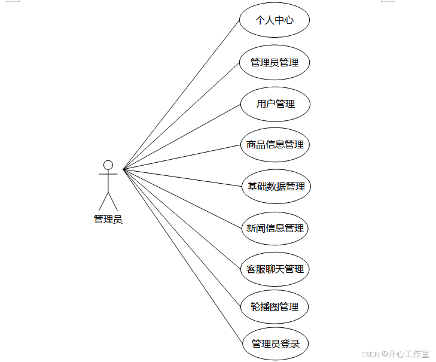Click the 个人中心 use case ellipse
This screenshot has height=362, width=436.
click(275, 20)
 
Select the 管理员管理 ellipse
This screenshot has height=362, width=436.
click(275, 62)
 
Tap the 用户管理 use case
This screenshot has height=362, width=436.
click(276, 104)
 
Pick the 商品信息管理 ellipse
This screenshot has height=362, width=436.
click(275, 145)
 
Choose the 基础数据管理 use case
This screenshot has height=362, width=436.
click(276, 186)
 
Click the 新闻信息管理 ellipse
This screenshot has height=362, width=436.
click(275, 228)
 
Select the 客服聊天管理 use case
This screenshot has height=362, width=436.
click(275, 269)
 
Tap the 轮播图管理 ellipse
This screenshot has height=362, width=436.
click(275, 307)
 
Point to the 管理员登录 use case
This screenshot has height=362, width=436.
click(276, 343)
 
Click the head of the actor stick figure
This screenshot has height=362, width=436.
click(108, 165)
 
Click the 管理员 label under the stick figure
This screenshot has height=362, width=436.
click(108, 219)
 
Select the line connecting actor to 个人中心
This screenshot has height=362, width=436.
click(181, 95)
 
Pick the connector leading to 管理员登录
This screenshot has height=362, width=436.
click(183, 256)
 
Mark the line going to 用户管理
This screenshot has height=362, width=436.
click(182, 137)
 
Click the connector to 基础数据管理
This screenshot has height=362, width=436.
click(182, 178)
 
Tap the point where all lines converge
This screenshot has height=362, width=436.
click(123, 169)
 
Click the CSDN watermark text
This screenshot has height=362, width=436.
click(395, 354)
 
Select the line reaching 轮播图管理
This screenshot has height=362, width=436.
click(182, 238)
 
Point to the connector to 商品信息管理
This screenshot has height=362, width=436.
click(182, 157)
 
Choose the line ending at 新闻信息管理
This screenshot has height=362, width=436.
click(182, 199)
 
